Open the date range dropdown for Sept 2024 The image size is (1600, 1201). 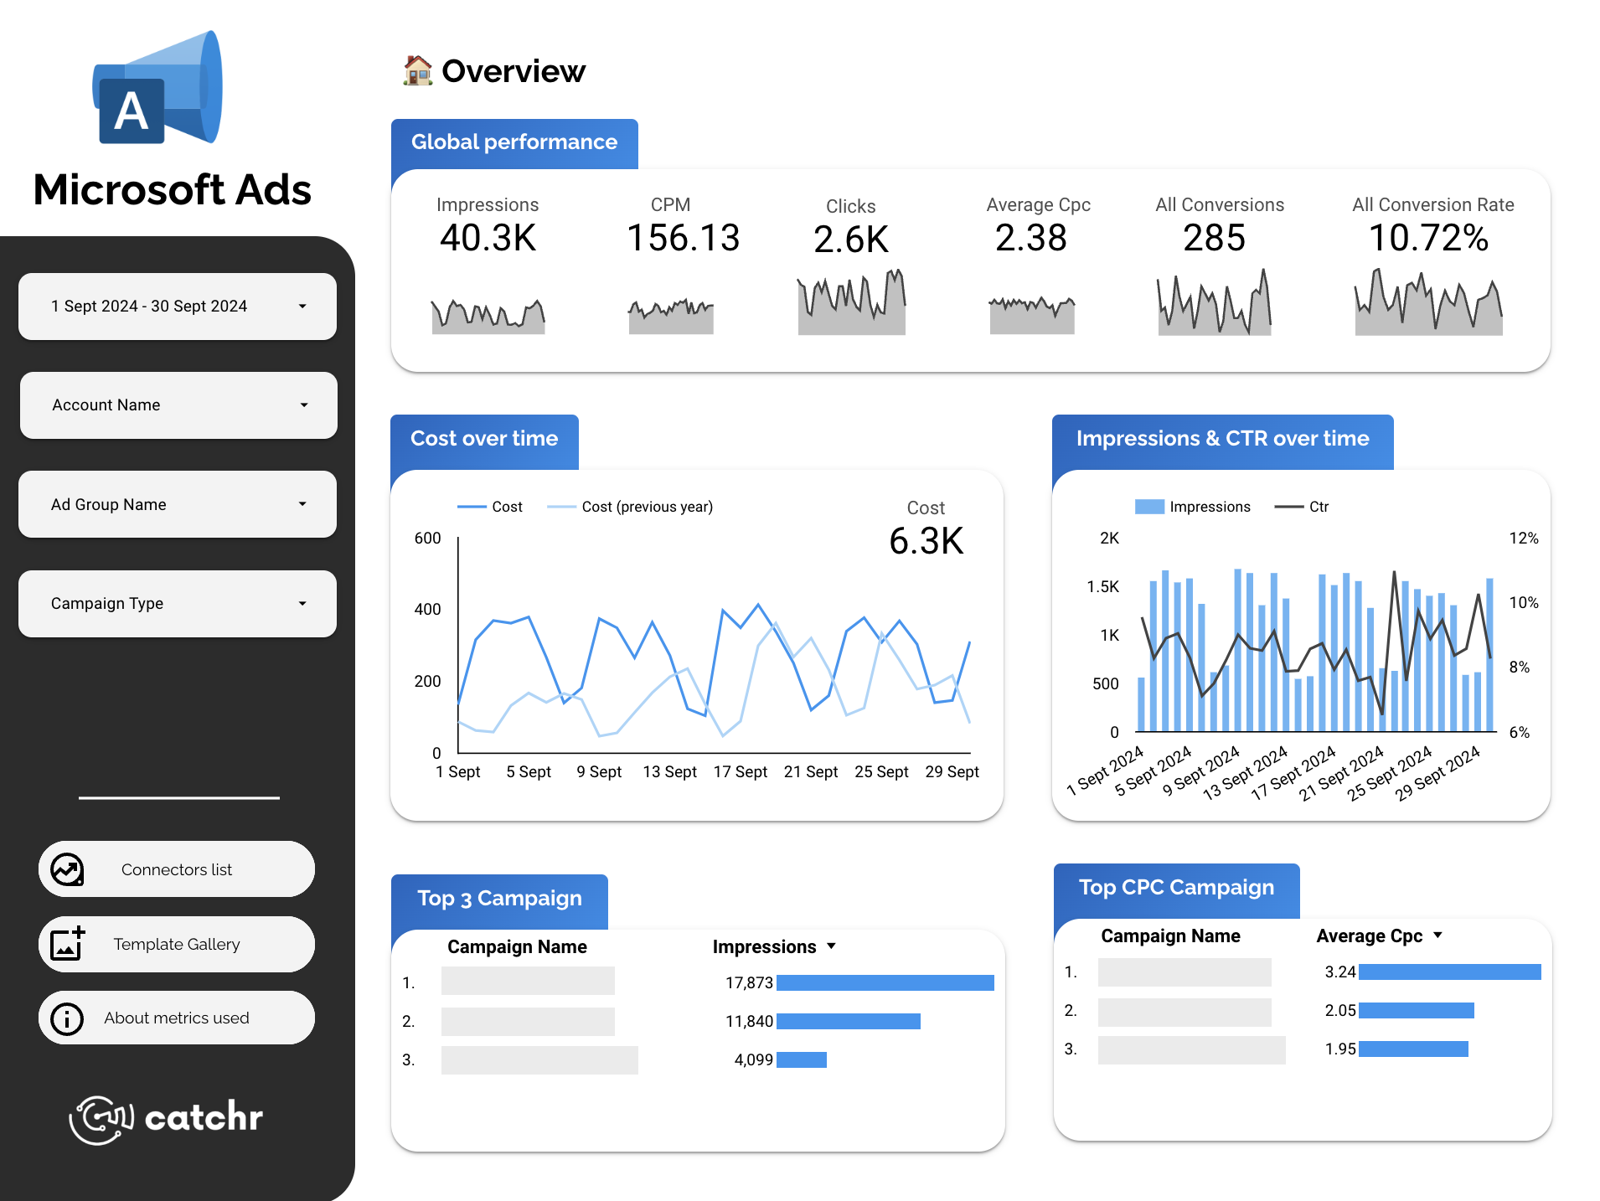click(x=177, y=307)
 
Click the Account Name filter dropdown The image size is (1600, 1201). click(x=178, y=405)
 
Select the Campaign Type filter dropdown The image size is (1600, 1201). click(x=177, y=604)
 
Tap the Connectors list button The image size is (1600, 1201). click(x=177, y=869)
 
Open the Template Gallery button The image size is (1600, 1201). click(x=177, y=944)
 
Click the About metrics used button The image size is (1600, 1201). click(x=177, y=1018)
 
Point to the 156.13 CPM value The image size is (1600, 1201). click(x=683, y=238)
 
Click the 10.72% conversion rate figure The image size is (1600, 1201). click(x=1428, y=238)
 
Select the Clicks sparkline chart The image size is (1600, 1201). click(x=851, y=303)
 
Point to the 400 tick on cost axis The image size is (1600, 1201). click(x=427, y=610)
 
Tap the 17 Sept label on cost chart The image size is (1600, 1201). click(x=740, y=772)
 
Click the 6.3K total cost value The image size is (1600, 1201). click(x=926, y=541)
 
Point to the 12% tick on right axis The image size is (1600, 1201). click(x=1523, y=539)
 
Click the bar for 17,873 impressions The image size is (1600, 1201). click(x=885, y=982)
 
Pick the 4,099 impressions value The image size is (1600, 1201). click(x=753, y=1059)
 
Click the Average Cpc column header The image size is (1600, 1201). click(x=1369, y=936)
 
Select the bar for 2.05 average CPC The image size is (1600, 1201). click(x=1416, y=1011)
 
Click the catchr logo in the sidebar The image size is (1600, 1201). click(x=167, y=1118)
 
